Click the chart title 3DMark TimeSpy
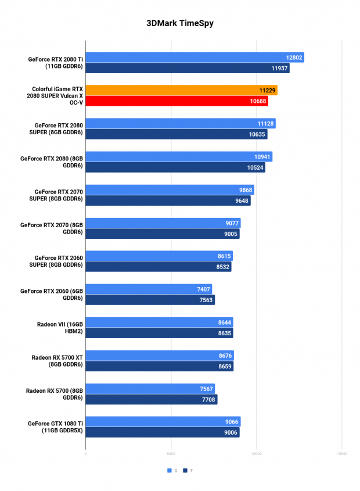[x=180, y=23]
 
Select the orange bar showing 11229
[x=182, y=90]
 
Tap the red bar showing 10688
[x=177, y=101]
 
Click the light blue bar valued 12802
[x=195, y=58]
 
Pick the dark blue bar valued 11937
[x=188, y=68]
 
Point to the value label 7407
[x=203, y=289]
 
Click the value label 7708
[x=208, y=400]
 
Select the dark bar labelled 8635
[x=159, y=333]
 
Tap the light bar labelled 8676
[x=160, y=356]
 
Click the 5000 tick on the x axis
[x=171, y=453]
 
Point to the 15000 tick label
[x=342, y=453]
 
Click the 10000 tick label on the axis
[x=257, y=453]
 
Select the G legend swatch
[x=170, y=470]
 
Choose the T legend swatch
[x=185, y=470]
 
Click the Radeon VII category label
[x=60, y=328]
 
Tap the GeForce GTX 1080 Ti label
[x=55, y=427]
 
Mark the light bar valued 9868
[x=170, y=190]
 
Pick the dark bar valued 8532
[x=159, y=267]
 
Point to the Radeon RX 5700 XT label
[x=57, y=361]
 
